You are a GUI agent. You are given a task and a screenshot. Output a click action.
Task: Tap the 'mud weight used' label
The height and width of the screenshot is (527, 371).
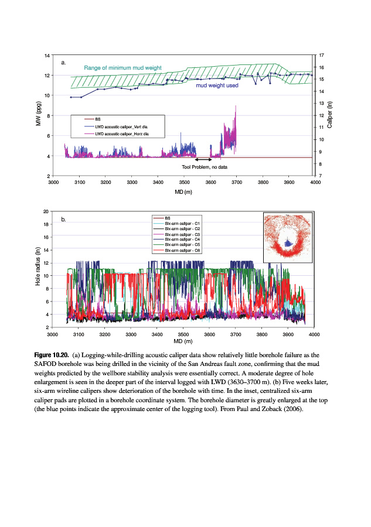point(216,85)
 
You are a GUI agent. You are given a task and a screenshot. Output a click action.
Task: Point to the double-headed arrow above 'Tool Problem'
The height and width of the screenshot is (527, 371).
point(203,159)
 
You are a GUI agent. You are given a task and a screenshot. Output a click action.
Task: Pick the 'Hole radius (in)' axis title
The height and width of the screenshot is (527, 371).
point(39,269)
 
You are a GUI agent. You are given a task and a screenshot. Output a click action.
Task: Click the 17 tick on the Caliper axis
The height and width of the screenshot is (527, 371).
point(322,55)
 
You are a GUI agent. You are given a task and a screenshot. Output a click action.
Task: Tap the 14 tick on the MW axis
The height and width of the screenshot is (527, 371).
point(46,55)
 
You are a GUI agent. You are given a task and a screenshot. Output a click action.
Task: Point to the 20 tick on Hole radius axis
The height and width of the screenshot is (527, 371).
point(46,211)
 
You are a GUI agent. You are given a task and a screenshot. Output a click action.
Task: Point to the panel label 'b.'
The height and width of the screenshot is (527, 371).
point(64,220)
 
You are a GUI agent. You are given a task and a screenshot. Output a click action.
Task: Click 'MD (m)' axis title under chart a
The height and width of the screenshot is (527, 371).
point(184,191)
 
